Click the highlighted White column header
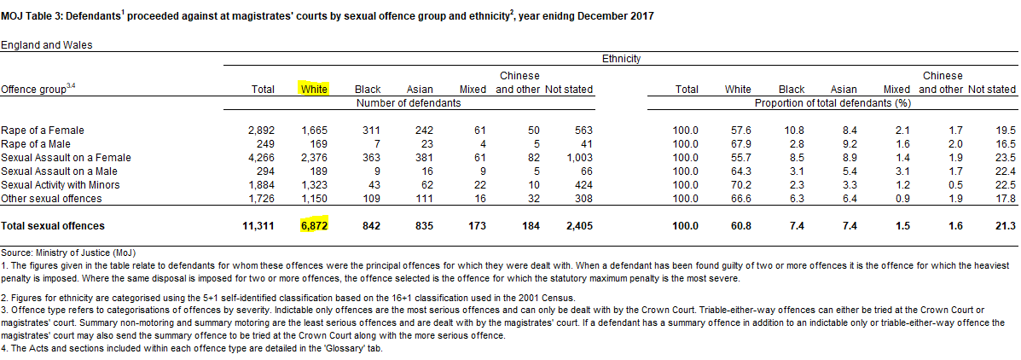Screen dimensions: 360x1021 [x=314, y=90]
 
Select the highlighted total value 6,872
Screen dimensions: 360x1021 [x=314, y=226]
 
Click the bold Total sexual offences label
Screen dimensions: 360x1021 [x=53, y=226]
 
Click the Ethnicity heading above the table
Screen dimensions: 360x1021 [x=621, y=59]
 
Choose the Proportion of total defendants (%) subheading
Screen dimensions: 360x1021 [x=833, y=102]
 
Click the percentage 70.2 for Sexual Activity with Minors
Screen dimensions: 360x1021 [x=740, y=185]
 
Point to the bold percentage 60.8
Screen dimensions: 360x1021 [x=740, y=226]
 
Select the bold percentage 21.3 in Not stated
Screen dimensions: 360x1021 [x=1006, y=226]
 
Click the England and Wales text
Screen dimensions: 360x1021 [x=46, y=45]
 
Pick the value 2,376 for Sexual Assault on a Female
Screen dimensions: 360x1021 [x=314, y=158]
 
